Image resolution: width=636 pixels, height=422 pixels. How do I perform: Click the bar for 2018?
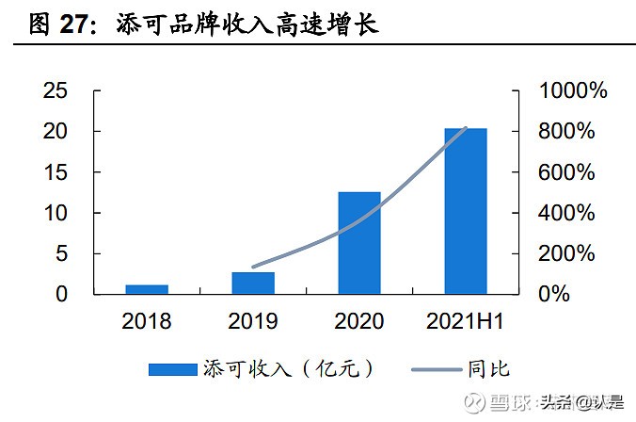(147, 289)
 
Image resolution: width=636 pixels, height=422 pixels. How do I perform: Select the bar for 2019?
(253, 283)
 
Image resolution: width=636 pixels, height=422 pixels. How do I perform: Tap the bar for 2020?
(359, 243)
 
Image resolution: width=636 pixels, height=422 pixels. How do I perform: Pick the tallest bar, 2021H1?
(466, 211)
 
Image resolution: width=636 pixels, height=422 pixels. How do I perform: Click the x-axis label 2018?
(147, 321)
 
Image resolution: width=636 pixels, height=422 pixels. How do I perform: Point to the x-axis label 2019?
(253, 321)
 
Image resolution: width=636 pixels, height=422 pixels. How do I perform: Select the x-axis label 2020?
(359, 321)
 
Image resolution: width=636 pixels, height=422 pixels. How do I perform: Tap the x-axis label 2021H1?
(465, 321)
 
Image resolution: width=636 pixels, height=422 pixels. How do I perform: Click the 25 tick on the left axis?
(56, 91)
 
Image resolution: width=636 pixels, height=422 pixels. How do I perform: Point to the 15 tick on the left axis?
(56, 172)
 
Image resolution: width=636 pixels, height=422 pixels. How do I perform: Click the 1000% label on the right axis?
(573, 91)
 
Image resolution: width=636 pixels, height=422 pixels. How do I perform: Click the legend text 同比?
(488, 369)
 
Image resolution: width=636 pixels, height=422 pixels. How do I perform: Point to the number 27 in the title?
(79, 25)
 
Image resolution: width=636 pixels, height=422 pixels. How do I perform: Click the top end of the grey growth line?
(466, 128)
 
